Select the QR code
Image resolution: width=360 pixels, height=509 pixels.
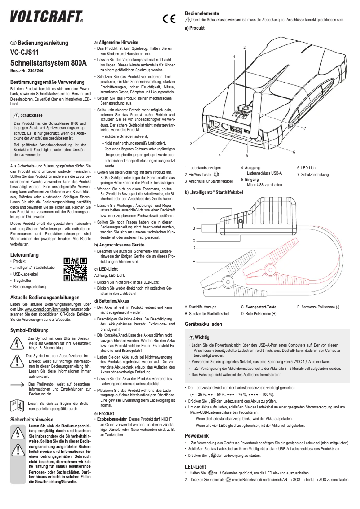pyautogui.click(x=75, y=269)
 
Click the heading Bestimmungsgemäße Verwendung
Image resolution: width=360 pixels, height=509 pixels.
pyautogui.click(x=48, y=83)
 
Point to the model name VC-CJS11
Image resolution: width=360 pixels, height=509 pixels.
pyautogui.click(x=24, y=53)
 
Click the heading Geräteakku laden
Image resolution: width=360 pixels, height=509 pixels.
pyautogui.click(x=203, y=324)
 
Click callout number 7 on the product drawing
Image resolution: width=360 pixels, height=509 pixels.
pyautogui.click(x=304, y=129)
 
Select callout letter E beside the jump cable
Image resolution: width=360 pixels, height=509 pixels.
pyautogui.click(x=193, y=261)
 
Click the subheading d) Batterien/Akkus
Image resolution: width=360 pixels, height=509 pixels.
pyautogui.click(x=112, y=301)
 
